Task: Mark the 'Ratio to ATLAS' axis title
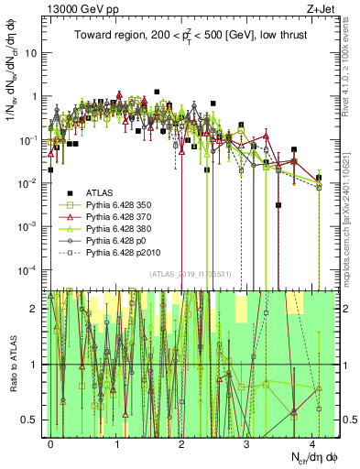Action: tap(11, 363)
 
